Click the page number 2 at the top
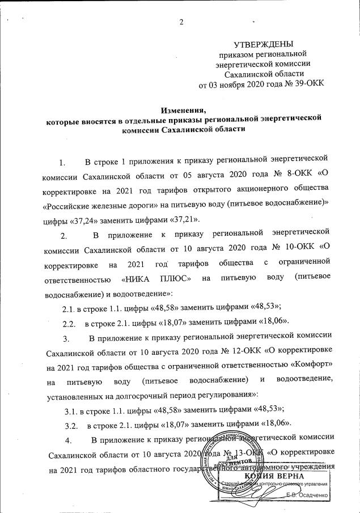pyautogui.click(x=181, y=22)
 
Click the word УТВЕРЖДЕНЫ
pyautogui.click(x=264, y=44)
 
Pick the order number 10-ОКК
pyautogui.click(x=298, y=249)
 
